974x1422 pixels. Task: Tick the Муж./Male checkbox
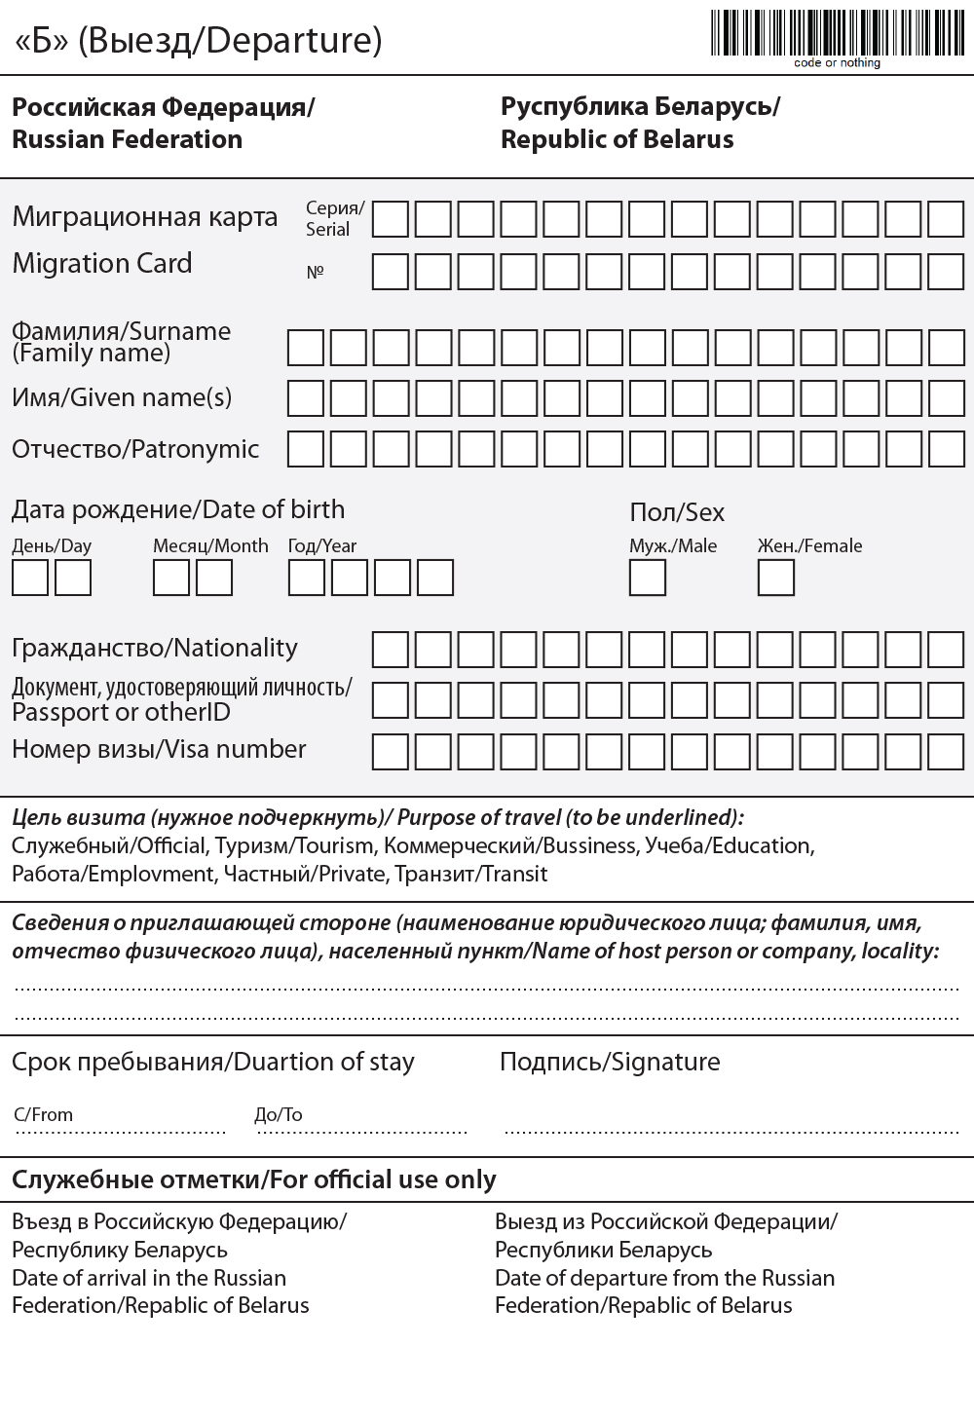tap(647, 578)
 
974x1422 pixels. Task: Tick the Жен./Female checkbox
tap(775, 578)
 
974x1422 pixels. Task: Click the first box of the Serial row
tap(391, 219)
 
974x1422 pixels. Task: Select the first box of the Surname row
tap(305, 348)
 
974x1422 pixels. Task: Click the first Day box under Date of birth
tap(29, 578)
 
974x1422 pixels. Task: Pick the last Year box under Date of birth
tap(434, 578)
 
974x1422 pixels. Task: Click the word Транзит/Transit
tap(470, 874)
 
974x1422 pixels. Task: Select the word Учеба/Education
tap(729, 845)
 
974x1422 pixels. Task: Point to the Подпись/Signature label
tap(610, 1062)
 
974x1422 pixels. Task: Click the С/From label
tap(44, 1115)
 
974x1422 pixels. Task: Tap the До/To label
tap(279, 1115)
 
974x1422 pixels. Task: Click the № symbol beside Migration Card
tap(315, 273)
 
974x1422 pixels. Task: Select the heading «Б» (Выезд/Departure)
tap(198, 41)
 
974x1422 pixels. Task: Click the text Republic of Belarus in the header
tap(617, 139)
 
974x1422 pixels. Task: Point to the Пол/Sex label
tap(677, 512)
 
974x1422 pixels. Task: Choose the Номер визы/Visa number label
tap(159, 749)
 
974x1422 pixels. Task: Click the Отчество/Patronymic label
tap(135, 449)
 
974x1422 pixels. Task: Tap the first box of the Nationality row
tap(391, 650)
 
